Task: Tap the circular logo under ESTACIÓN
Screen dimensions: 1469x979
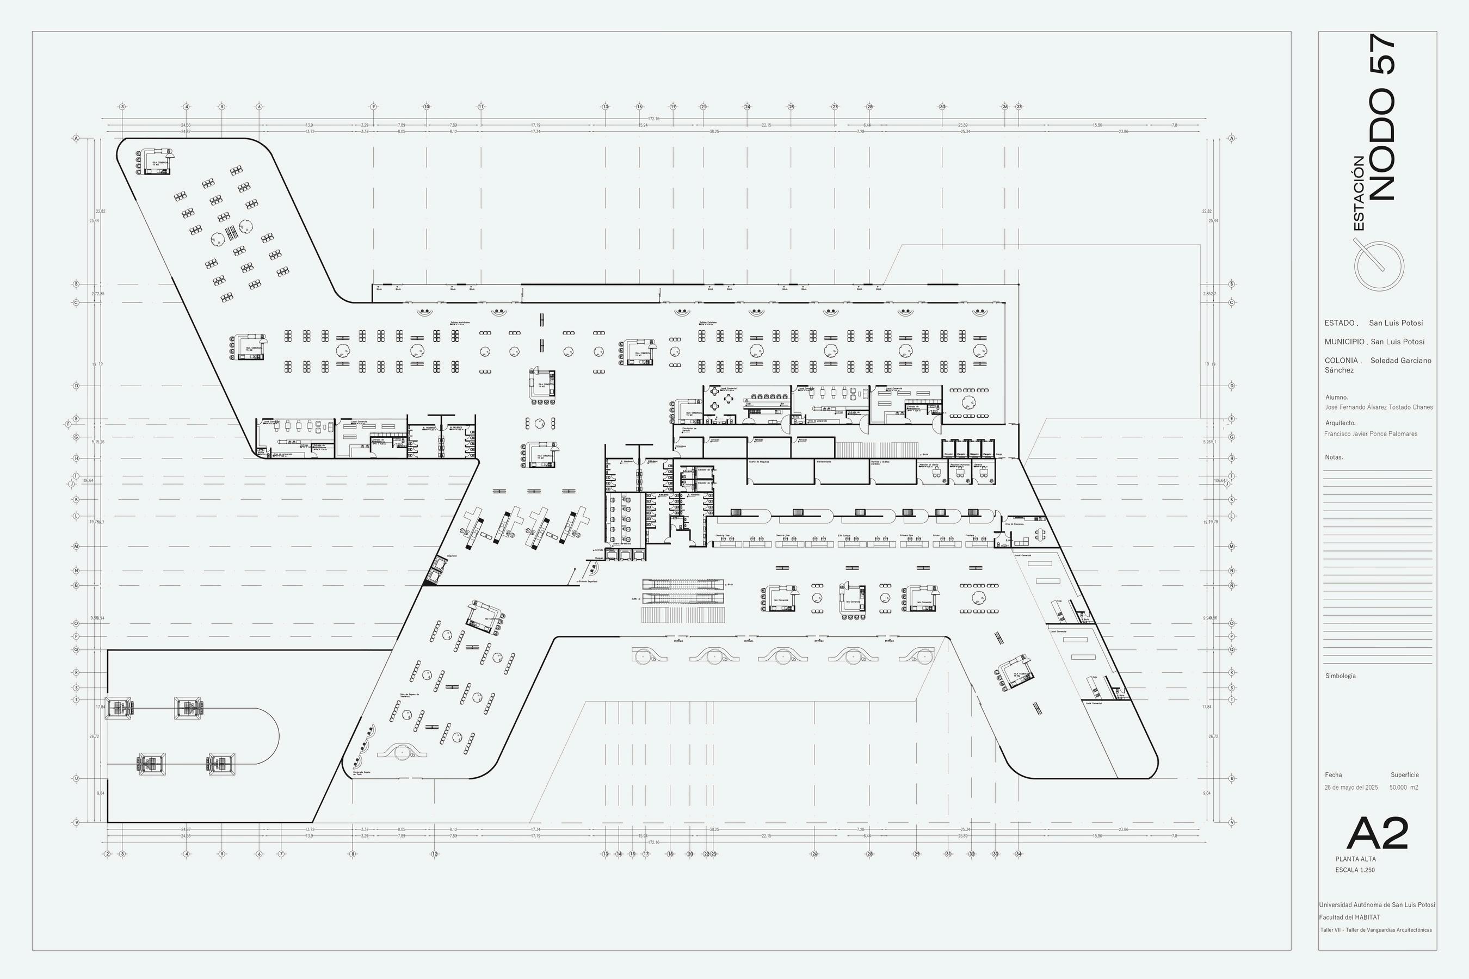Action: (1379, 265)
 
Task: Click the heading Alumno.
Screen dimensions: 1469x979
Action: (1337, 397)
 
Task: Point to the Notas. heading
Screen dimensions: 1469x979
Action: (1334, 457)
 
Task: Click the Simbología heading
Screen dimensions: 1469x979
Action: (1341, 676)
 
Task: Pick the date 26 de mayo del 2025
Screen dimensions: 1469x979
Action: (1351, 788)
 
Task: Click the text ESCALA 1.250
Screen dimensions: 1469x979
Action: (1355, 870)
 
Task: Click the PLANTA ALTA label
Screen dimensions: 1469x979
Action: (1355, 859)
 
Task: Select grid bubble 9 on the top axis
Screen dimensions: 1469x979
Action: (373, 107)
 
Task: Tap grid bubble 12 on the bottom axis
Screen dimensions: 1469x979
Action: (435, 853)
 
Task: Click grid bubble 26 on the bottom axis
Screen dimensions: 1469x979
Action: (814, 853)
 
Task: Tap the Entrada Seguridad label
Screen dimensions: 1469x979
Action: (588, 581)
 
